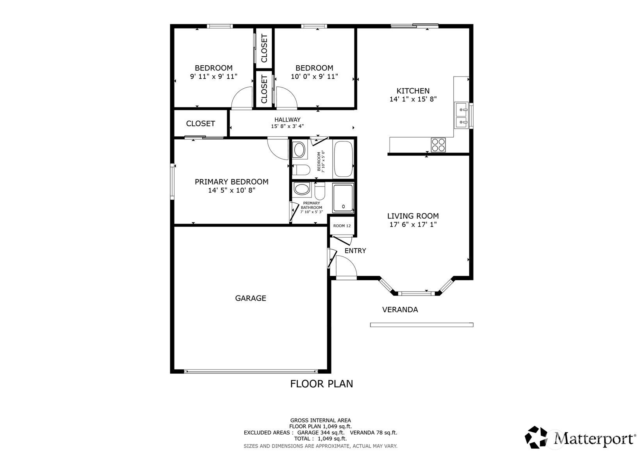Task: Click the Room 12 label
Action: (342, 226)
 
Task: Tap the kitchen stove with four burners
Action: (438, 145)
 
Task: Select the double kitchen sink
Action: (461, 115)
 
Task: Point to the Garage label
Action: (251, 298)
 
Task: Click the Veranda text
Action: (400, 310)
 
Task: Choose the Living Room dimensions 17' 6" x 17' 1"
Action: (413, 224)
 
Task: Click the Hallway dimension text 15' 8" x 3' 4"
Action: (287, 126)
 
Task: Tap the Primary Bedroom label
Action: (232, 182)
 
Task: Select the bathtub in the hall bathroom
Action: (343, 159)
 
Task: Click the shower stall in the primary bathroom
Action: (343, 198)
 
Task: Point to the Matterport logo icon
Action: (536, 437)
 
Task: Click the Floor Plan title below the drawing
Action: (322, 384)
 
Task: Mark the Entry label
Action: (355, 251)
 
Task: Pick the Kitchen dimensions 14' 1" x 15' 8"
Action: (413, 99)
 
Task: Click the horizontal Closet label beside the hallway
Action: (200, 124)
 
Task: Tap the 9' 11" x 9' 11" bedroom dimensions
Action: (214, 77)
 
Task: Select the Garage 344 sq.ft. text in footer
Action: (321, 433)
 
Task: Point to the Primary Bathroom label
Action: (312, 205)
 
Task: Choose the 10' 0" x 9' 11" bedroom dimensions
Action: (314, 77)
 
